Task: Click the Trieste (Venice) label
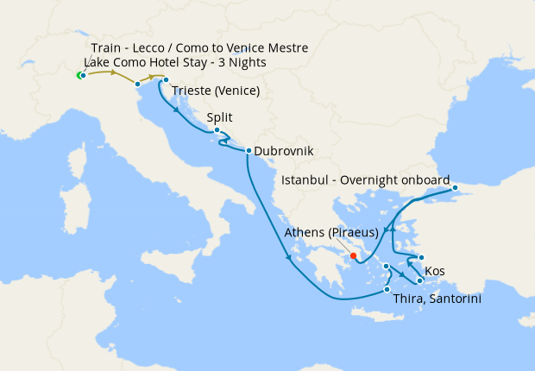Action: [216, 91]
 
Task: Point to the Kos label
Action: [436, 271]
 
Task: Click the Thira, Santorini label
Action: [437, 299]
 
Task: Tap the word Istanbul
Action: [309, 180]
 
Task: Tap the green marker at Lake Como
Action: [79, 76]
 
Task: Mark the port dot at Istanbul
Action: [456, 187]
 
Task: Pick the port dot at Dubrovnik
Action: [249, 151]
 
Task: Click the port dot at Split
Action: [217, 131]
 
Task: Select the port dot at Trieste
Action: [166, 80]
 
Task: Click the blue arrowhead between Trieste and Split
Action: [178, 110]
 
